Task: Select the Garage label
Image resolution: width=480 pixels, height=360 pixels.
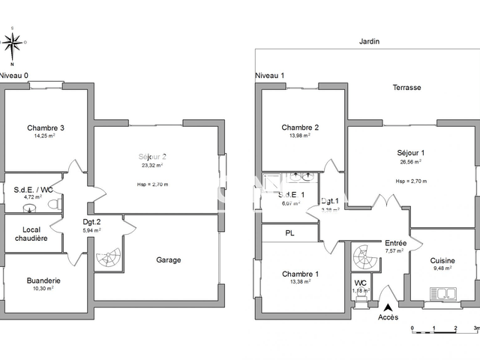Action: (169, 260)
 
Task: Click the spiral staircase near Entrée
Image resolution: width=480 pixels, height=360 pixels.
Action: (367, 258)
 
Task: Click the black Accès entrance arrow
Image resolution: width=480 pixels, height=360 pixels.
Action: (388, 305)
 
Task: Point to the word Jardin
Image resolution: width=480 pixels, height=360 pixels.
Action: (369, 43)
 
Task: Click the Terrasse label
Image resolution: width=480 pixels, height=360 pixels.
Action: (406, 87)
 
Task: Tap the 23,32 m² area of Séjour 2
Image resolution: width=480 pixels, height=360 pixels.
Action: (154, 166)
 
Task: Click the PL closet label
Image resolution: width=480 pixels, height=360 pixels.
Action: (290, 233)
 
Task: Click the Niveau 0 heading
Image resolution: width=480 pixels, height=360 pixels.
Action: (14, 75)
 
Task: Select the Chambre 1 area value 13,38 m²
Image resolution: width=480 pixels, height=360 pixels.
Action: (299, 283)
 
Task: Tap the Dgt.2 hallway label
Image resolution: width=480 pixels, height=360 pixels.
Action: (91, 221)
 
